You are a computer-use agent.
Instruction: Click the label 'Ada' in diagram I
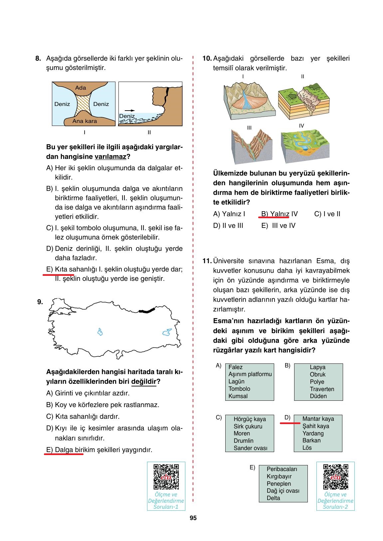(81, 88)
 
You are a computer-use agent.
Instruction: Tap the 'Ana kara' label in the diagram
(85, 121)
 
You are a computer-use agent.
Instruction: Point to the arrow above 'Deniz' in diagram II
(130, 110)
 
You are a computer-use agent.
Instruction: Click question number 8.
(38, 59)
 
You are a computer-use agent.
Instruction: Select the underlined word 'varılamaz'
(110, 157)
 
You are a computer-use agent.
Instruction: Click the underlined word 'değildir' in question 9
(144, 381)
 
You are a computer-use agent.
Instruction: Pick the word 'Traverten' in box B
(322, 389)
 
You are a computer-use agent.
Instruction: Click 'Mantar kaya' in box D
(318, 419)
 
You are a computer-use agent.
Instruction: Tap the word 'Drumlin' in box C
(243, 441)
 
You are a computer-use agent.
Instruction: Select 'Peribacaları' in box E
(282, 469)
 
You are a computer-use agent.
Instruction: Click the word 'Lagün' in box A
(236, 381)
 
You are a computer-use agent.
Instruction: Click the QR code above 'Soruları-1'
(166, 477)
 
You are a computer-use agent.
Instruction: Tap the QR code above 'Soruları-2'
(335, 477)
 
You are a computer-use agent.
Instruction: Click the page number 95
(193, 518)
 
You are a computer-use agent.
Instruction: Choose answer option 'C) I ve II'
(327, 214)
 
